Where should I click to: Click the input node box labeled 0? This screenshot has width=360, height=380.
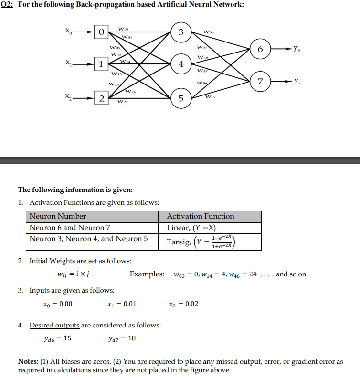(101, 32)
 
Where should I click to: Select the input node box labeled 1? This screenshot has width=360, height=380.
(101, 64)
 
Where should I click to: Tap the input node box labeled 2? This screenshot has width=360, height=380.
(101, 98)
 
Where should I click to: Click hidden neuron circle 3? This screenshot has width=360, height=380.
(181, 32)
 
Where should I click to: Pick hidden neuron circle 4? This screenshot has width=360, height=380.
(181, 64)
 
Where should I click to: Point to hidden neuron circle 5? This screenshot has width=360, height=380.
(181, 98)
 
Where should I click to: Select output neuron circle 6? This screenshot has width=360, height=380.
(260, 50)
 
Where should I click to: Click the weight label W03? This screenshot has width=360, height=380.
(123, 30)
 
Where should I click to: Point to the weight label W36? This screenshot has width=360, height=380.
(209, 32)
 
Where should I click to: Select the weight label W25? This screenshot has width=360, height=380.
(122, 102)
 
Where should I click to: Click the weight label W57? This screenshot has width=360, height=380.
(211, 97)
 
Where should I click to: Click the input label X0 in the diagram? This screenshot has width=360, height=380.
(70, 31)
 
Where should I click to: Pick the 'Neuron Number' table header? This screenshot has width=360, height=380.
(58, 216)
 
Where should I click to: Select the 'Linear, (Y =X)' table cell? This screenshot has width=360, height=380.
(191, 228)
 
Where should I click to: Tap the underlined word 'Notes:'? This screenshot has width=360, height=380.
(29, 361)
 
